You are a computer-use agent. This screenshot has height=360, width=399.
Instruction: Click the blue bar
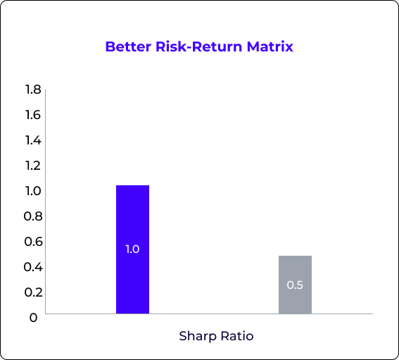click(x=132, y=249)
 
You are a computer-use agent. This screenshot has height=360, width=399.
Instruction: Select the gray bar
click(x=295, y=285)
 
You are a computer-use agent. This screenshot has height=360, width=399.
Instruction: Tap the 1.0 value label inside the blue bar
click(x=132, y=249)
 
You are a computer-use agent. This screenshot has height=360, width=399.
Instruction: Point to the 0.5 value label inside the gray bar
click(x=295, y=285)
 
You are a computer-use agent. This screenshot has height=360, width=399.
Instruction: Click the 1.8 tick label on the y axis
click(x=33, y=89)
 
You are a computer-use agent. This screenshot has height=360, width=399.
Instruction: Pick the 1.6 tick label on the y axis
click(x=33, y=115)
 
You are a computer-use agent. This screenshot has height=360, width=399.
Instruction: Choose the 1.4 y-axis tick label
click(x=33, y=140)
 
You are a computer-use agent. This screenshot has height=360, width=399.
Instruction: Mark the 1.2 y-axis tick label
click(x=33, y=166)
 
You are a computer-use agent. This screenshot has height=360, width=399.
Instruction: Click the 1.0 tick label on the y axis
click(x=33, y=191)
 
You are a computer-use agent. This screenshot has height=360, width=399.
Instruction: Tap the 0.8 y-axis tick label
click(x=33, y=216)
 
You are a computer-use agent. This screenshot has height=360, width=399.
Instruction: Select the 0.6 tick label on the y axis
click(x=33, y=242)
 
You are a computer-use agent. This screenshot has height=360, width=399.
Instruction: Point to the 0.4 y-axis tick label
click(x=33, y=267)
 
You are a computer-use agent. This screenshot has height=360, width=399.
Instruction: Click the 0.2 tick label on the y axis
click(x=33, y=292)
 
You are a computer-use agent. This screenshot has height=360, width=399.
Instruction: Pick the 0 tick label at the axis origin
click(x=33, y=318)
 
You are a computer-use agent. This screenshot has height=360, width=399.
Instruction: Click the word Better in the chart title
click(x=128, y=46)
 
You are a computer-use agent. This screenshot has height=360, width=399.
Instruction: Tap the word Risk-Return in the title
click(x=198, y=46)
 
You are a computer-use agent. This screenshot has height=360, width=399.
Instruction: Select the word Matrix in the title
click(x=270, y=46)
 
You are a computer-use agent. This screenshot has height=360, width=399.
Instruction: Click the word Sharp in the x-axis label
click(x=198, y=337)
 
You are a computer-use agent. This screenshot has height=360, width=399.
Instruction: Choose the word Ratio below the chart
click(x=237, y=336)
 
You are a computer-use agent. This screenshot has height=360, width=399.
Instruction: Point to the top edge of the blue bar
click(x=132, y=185)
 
